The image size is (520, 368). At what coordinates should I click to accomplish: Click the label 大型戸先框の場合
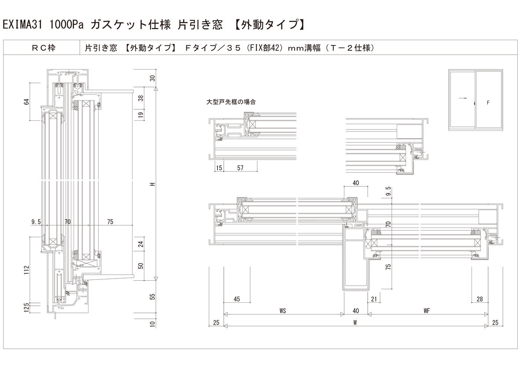point(231,101)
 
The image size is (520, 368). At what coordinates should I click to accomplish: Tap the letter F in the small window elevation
point(488,103)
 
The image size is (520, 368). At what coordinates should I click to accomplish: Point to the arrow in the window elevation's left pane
point(462,99)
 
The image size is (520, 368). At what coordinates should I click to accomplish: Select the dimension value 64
point(27,102)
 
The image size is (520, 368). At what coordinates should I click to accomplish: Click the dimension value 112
point(27,269)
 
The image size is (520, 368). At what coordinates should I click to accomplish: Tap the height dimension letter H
point(152,184)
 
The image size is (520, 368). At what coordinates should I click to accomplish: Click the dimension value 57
point(240,168)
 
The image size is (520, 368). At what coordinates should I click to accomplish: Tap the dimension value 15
point(219,168)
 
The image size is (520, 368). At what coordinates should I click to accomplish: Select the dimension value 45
point(237,299)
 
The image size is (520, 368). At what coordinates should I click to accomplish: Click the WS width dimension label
point(283,311)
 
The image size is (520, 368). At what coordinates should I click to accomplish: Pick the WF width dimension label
point(427,311)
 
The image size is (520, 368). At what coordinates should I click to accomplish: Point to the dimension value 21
point(374,299)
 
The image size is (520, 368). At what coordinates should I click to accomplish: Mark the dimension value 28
point(479,299)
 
